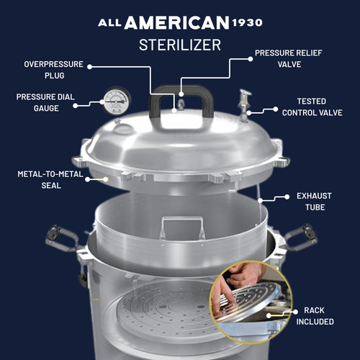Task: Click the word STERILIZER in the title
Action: (180, 45)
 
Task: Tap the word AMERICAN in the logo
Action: (176, 23)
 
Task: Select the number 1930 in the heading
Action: (247, 22)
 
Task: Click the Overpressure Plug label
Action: (54, 70)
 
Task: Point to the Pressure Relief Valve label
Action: (289, 58)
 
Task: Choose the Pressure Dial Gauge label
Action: (45, 102)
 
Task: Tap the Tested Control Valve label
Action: (312, 107)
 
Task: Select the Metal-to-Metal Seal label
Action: (50, 179)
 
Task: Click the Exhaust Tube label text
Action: (315, 202)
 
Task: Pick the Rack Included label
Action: (315, 316)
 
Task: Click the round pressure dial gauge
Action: (117, 101)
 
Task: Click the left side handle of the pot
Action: (61, 238)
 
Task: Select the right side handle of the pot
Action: (301, 237)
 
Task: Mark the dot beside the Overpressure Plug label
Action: (90, 67)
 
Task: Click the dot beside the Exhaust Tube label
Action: (287, 197)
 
